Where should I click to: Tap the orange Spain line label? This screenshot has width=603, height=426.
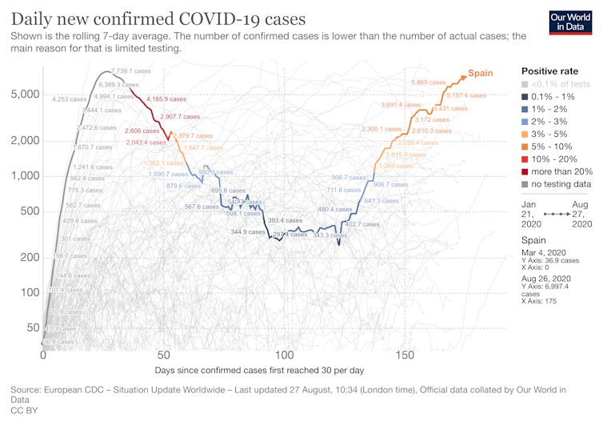480,73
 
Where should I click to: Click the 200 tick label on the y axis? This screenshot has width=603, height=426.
30,257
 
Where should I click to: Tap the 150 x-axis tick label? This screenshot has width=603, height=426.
405,355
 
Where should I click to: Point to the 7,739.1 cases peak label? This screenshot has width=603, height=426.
131,71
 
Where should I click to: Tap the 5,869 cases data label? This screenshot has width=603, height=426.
429,82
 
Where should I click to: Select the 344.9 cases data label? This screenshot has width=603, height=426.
248,231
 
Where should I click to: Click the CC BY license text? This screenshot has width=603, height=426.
23,410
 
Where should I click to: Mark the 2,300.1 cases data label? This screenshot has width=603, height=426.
381,128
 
